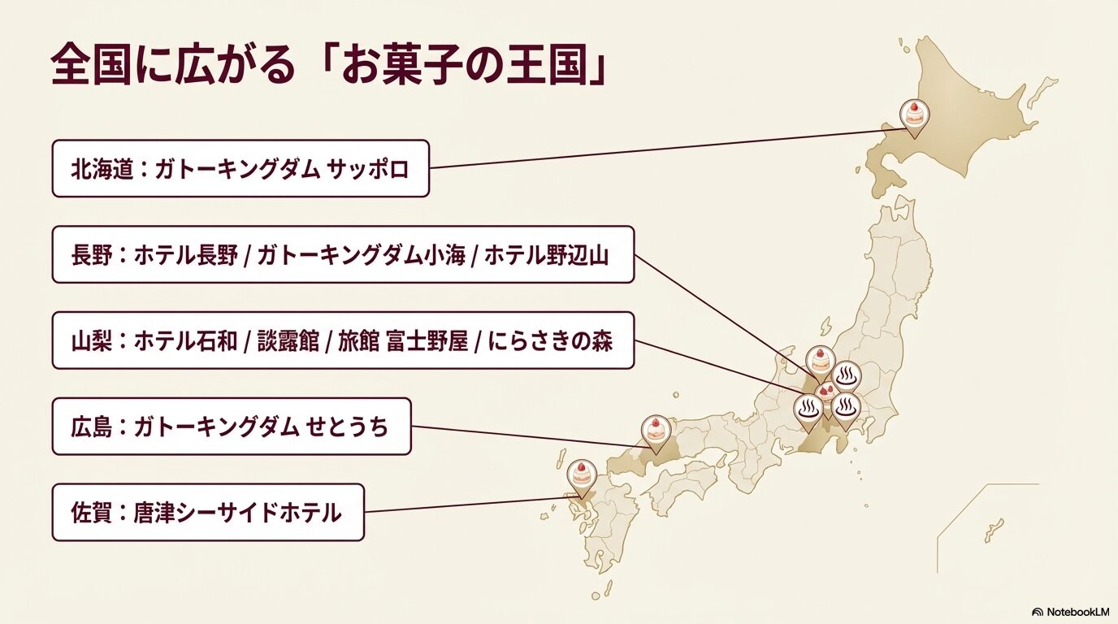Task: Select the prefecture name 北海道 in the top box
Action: pyautogui.click(x=102, y=170)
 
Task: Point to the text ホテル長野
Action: pyautogui.click(x=186, y=255)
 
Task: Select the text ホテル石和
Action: pyautogui.click(x=186, y=341)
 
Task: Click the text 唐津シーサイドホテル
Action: pyautogui.click(x=237, y=513)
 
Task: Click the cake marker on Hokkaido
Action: pyautogui.click(x=914, y=115)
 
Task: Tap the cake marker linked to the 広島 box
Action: pyautogui.click(x=655, y=430)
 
